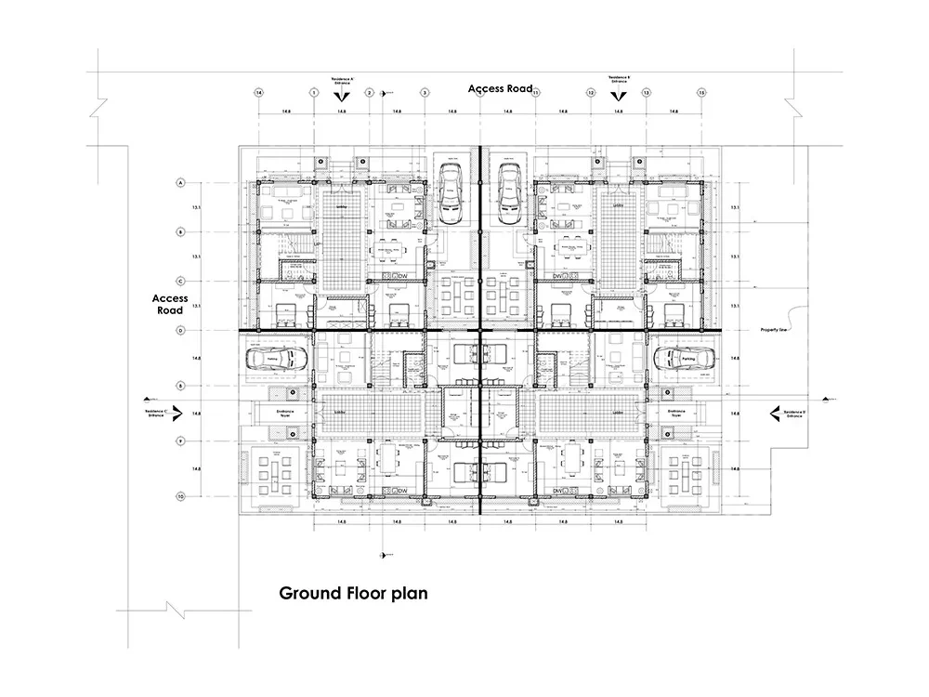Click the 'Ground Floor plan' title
coord(353,593)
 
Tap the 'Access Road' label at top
coord(501,88)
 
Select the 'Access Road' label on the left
coord(170,305)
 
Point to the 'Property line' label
coord(775,330)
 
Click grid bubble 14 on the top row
coord(258,93)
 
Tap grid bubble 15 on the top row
coord(701,93)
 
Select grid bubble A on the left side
coord(179,183)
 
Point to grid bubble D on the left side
coord(179,330)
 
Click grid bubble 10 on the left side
coord(179,496)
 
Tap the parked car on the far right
coord(685,359)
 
